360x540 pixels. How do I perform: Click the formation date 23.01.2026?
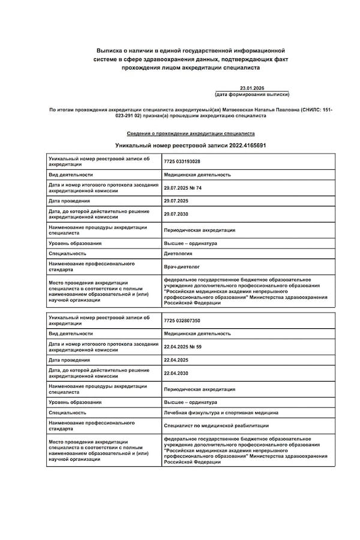pyautogui.click(x=252, y=88)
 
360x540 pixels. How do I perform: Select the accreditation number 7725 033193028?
pyautogui.click(x=182, y=161)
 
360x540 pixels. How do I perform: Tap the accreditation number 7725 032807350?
pyautogui.click(x=182, y=320)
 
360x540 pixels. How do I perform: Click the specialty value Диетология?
pyautogui.click(x=178, y=254)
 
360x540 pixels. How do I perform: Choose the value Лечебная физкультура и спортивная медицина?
pyautogui.click(x=221, y=413)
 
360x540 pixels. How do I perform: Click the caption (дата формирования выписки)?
pyautogui.click(x=252, y=95)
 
